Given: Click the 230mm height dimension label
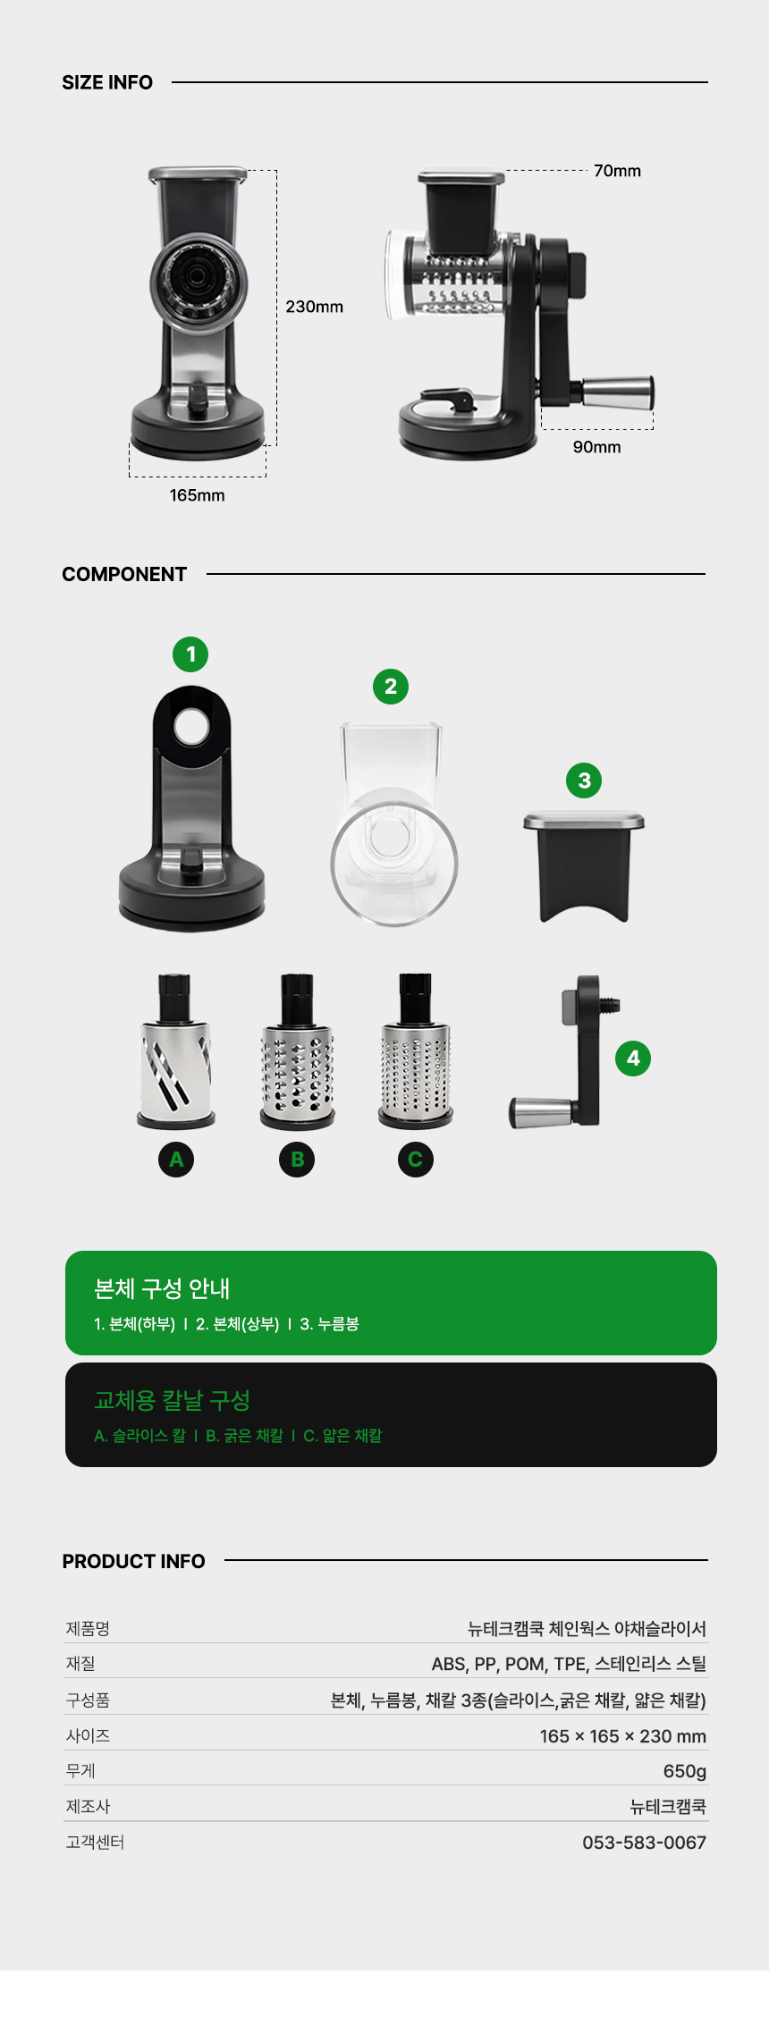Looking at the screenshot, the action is pyautogui.click(x=315, y=307).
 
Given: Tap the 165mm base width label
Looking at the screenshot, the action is pyautogui.click(x=198, y=495).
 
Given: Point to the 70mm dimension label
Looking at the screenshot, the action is pyautogui.click(x=618, y=171).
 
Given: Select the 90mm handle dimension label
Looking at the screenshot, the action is pyautogui.click(x=597, y=447).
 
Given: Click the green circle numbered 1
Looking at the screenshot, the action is pyautogui.click(x=190, y=654).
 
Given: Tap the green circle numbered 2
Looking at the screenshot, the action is pyautogui.click(x=391, y=687).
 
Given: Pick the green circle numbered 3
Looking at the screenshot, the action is pyautogui.click(x=584, y=780).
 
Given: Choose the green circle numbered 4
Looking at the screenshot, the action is pyautogui.click(x=633, y=1059).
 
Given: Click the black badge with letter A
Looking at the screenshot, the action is pyautogui.click(x=176, y=1160).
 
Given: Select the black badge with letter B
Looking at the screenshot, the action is pyautogui.click(x=298, y=1160).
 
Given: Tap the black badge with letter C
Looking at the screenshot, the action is pyautogui.click(x=416, y=1160).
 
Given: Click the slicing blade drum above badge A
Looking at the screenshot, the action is pyautogui.click(x=176, y=1051).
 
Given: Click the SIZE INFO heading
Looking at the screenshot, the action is pyautogui.click(x=107, y=82).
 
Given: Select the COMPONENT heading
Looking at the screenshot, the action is pyautogui.click(x=124, y=574).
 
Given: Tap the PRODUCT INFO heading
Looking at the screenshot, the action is pyautogui.click(x=134, y=1561).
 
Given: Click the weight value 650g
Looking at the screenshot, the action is pyautogui.click(x=685, y=1771).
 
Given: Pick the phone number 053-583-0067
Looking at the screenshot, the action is pyautogui.click(x=645, y=1843).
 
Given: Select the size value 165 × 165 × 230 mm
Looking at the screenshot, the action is pyautogui.click(x=623, y=1736).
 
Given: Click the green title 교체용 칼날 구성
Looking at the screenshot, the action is pyautogui.click(x=173, y=1400).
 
